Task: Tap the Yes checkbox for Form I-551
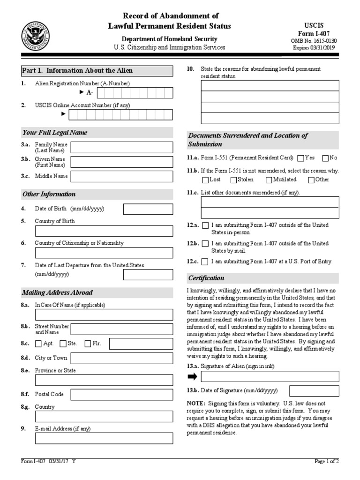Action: point(300,158)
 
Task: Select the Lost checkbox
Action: point(205,180)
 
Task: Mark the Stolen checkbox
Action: point(233,180)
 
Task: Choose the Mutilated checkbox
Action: point(269,180)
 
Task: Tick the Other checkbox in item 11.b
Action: point(311,180)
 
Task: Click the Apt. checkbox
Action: point(38,344)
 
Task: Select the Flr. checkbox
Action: point(88,344)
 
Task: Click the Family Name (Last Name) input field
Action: point(121,148)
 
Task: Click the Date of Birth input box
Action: point(148,209)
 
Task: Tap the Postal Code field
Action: point(121,395)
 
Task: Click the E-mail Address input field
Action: point(104,438)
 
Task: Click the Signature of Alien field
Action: point(270,376)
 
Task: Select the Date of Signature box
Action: point(314,391)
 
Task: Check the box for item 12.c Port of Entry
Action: point(205,262)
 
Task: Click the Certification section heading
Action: point(206,278)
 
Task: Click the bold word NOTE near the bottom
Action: point(195,403)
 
